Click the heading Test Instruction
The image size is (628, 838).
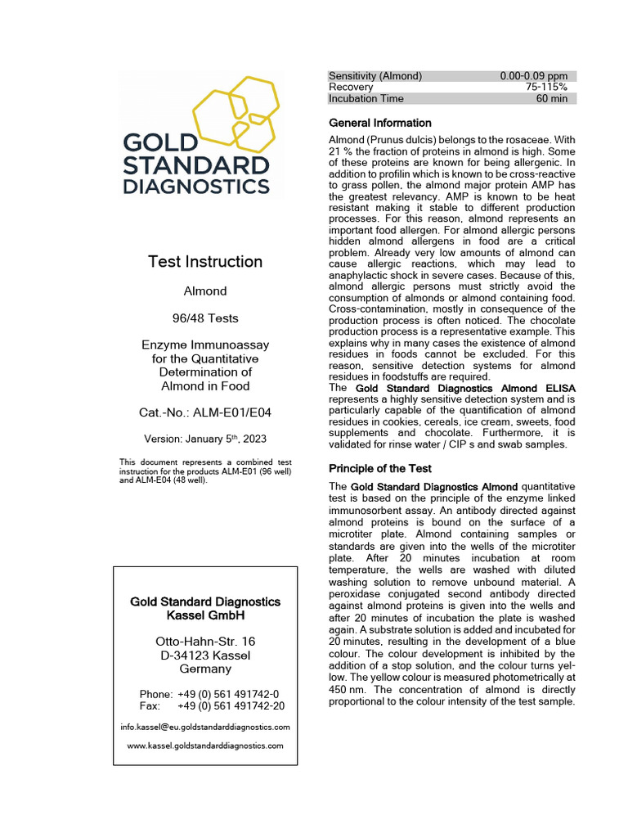pyautogui.click(x=205, y=262)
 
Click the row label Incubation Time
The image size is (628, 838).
pyautogui.click(x=366, y=99)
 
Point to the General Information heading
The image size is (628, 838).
pyautogui.click(x=379, y=124)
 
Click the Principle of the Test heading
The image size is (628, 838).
pyautogui.click(x=380, y=469)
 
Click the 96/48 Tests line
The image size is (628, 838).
pyautogui.click(x=205, y=318)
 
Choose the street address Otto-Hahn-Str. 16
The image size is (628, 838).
pyautogui.click(x=205, y=641)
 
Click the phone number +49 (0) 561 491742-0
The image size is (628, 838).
pyautogui.click(x=227, y=693)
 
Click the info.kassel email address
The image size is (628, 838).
pyautogui.click(x=205, y=727)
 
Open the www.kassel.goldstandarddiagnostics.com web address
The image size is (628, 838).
pyautogui.click(x=205, y=746)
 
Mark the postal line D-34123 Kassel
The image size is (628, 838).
pyautogui.click(x=205, y=655)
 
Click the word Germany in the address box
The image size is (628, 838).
pyautogui.click(x=205, y=669)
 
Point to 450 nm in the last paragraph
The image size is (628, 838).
pyautogui.click(x=345, y=689)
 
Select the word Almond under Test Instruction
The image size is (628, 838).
pyautogui.click(x=205, y=291)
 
